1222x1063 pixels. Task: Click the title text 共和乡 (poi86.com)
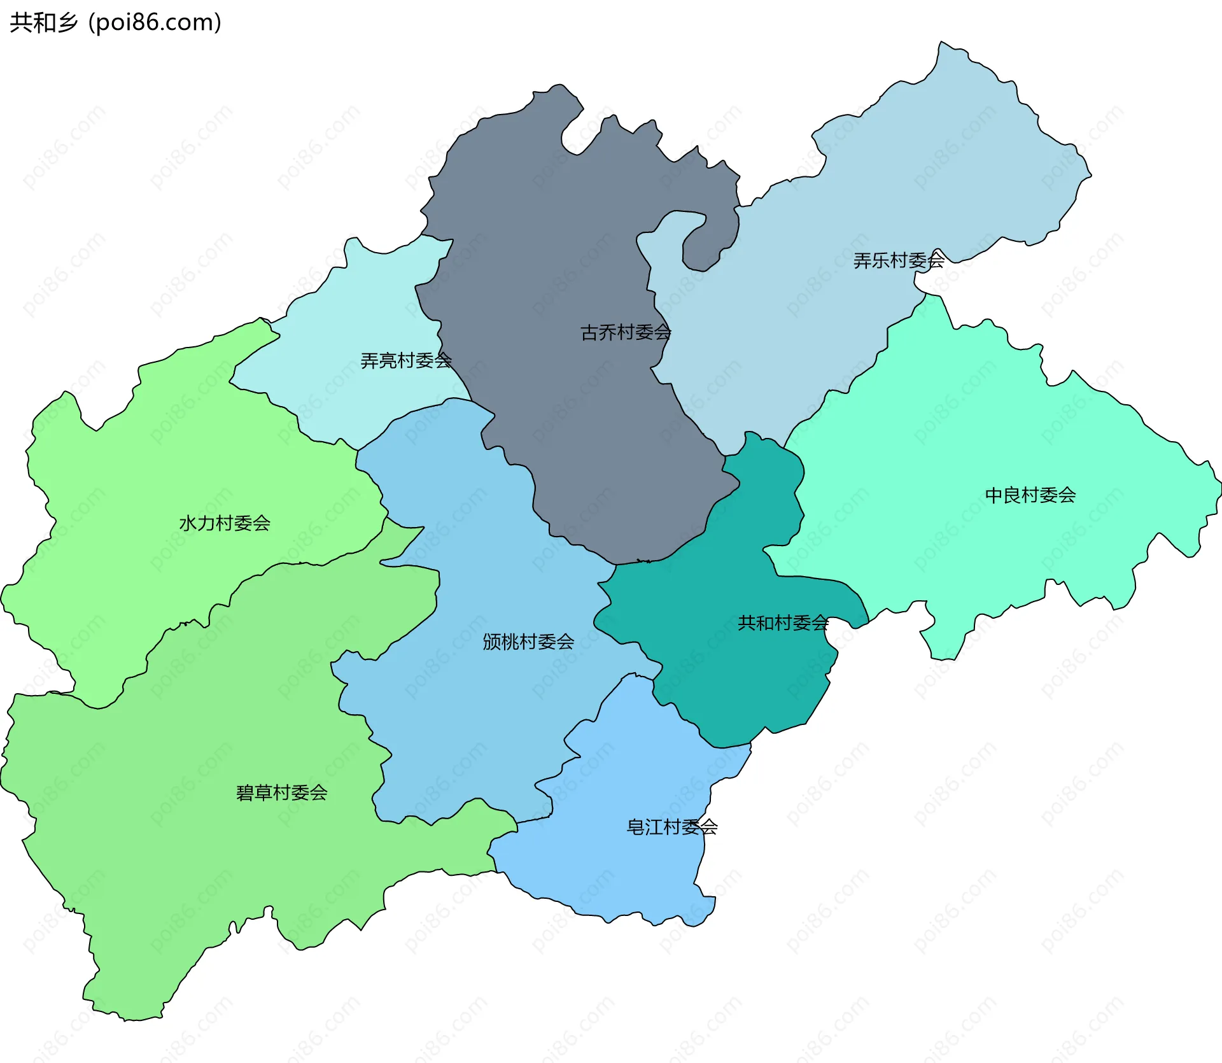click(x=115, y=23)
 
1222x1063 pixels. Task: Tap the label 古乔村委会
click(x=626, y=332)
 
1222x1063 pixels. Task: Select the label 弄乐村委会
click(x=899, y=260)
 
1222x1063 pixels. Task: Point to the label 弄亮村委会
click(x=406, y=361)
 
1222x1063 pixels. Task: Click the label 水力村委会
click(x=225, y=523)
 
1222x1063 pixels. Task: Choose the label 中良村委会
click(x=1030, y=495)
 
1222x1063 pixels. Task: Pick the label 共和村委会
click(x=783, y=623)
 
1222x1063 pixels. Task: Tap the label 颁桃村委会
click(x=528, y=642)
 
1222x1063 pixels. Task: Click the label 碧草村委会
click(x=281, y=792)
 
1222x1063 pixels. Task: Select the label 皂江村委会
click(x=672, y=827)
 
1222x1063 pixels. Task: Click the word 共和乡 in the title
click(x=43, y=23)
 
